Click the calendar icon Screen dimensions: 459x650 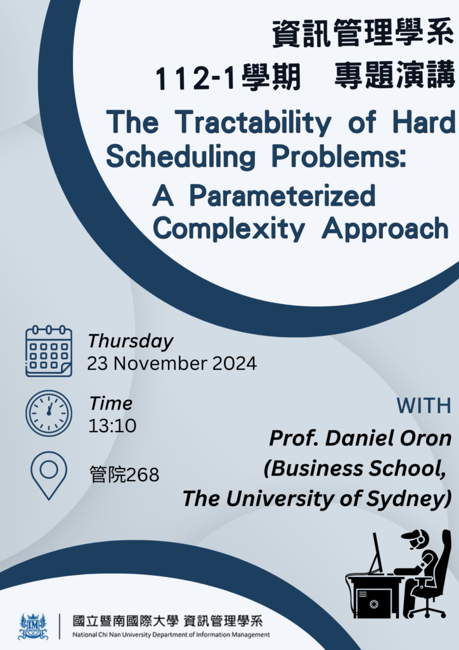pos(49,351)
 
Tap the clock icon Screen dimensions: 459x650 pos(49,413)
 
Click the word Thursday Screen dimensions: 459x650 pos(131,342)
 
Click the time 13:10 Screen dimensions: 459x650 pos(112,426)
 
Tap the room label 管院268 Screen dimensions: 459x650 pos(124,475)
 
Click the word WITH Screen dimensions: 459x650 pos(424,406)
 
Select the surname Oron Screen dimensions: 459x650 pos(429,438)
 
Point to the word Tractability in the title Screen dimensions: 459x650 pos(253,123)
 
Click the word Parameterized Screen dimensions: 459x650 pos(282,196)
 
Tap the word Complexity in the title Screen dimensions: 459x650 pos(229,229)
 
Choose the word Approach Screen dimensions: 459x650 pos(385,229)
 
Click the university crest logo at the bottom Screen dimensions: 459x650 pos(33,626)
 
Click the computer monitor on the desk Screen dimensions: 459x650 pos(376,553)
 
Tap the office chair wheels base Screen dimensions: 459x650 pos(427,609)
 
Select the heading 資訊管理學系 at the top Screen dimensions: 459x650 pos(363,32)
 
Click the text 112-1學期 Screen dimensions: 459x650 pos(228,77)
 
